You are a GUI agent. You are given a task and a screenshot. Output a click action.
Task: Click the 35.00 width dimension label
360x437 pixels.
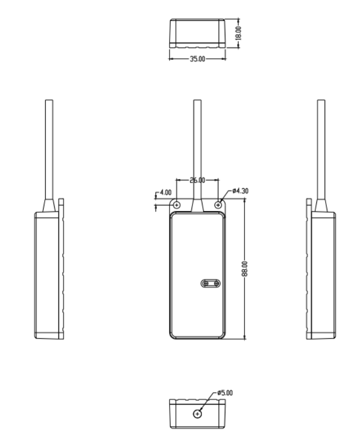(x=197, y=59)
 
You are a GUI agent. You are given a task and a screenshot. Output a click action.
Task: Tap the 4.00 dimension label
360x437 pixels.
(x=165, y=192)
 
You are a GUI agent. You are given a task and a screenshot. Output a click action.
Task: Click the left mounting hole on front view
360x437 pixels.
(x=176, y=205)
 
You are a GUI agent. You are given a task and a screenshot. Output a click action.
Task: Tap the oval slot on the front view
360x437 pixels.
(x=211, y=283)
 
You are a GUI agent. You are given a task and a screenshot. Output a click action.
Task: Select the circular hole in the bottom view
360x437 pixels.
(x=197, y=414)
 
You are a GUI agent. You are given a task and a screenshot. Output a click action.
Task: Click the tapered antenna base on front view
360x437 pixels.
(x=197, y=206)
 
